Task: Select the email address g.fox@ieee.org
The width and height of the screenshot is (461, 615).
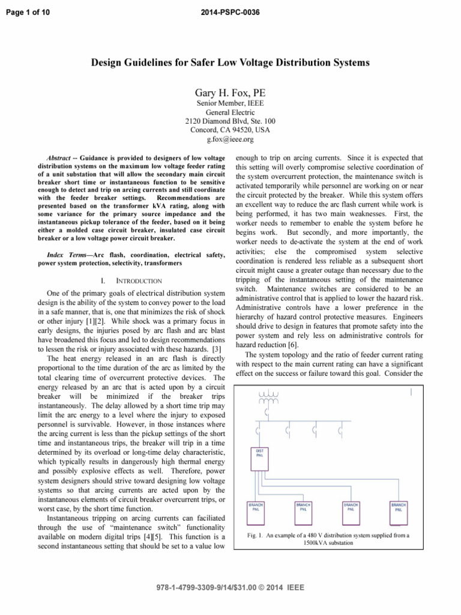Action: coord(230,139)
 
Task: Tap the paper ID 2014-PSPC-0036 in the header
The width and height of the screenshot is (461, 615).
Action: coord(230,12)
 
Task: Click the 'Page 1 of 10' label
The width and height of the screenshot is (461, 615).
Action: coord(26,12)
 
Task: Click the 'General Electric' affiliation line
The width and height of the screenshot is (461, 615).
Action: coord(230,112)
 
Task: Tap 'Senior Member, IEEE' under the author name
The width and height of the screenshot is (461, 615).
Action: coord(230,103)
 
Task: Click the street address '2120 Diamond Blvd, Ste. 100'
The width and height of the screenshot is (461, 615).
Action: coord(230,121)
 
